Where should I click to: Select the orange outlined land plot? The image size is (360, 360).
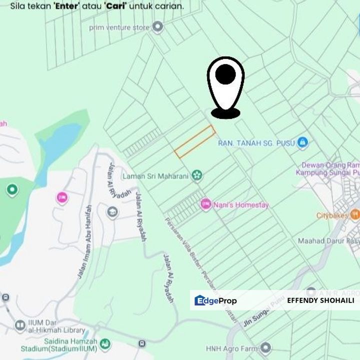pos(194,141)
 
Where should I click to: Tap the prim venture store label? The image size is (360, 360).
pos(119,27)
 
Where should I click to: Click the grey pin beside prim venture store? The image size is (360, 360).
pos(158,27)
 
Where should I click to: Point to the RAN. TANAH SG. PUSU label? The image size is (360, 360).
pos(256,143)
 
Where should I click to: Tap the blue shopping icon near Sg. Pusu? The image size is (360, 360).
pos(302,143)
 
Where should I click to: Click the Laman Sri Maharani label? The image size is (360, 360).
pos(155,176)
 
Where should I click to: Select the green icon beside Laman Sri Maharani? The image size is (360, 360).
pos(197,175)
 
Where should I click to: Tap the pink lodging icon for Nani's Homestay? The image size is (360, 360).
pos(205,204)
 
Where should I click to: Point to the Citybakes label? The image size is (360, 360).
pos(331,216)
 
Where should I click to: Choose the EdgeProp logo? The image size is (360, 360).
pos(215,300)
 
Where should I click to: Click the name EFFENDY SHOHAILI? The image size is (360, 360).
pos(320,300)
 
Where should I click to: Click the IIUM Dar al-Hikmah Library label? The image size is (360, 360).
pos(55,326)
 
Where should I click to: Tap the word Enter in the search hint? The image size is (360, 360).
pos(67,7)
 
